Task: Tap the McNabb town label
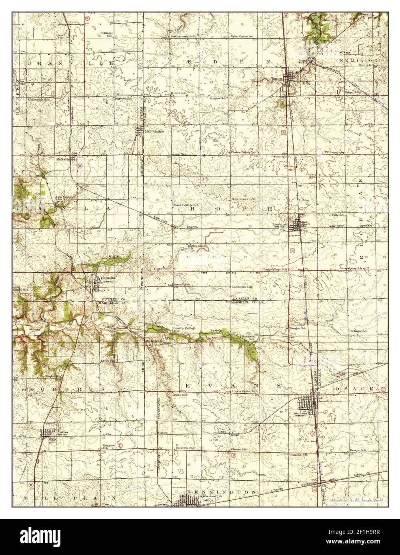[x=64, y=159]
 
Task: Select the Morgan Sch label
[x=298, y=328]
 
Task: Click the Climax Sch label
[x=239, y=450]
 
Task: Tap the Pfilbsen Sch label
[x=335, y=152]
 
